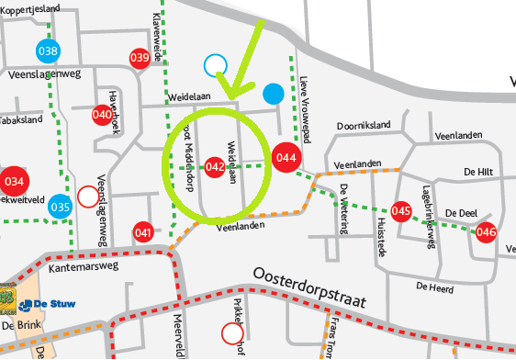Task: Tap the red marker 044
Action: pyautogui.click(x=286, y=157)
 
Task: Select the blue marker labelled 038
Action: pyautogui.click(x=49, y=51)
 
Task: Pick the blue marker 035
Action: pyautogui.click(x=61, y=207)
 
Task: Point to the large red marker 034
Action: pyautogui.click(x=15, y=180)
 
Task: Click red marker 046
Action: pyautogui.click(x=486, y=231)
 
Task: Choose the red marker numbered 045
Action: pyautogui.click(x=400, y=210)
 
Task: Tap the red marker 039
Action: pyautogui.click(x=140, y=58)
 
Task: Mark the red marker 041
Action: pyautogui.click(x=142, y=232)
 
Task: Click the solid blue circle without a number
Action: pyautogui.click(x=273, y=93)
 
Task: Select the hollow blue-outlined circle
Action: pyautogui.click(x=215, y=63)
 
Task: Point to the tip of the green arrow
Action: pyautogui.click(x=229, y=97)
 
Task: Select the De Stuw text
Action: pyautogui.click(x=54, y=303)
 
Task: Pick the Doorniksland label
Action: pyautogui.click(x=364, y=124)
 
